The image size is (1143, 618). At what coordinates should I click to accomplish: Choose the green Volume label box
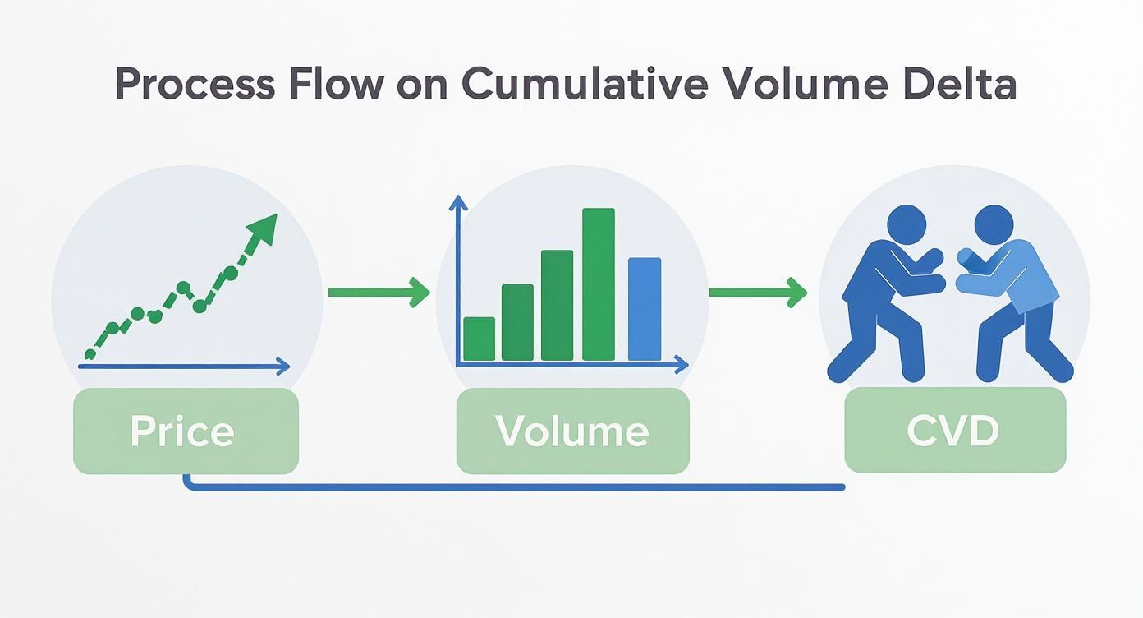coord(572,431)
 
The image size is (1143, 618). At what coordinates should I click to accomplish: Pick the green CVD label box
coord(954,431)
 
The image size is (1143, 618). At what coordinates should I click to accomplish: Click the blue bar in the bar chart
coord(645,309)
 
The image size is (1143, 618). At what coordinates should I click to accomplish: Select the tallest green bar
coord(599,284)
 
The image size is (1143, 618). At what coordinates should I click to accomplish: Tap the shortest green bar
coord(480,339)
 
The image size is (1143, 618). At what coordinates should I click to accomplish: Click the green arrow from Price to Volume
coord(379,292)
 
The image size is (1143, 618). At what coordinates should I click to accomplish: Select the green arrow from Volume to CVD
coord(758,292)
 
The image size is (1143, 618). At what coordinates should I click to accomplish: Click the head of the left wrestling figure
coord(906,225)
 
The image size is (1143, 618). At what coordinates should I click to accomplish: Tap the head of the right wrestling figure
coord(994,224)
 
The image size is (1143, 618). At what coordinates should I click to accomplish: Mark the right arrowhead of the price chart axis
coord(283,365)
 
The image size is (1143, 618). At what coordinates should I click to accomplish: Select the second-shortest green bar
coord(517,322)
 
